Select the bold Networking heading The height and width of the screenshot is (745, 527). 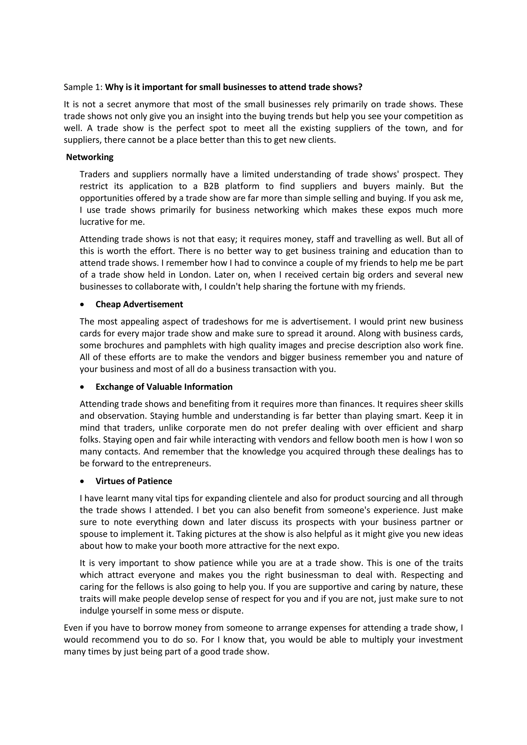[90, 157]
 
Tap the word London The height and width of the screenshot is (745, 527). [195, 275]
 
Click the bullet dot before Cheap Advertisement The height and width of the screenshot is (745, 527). [83, 305]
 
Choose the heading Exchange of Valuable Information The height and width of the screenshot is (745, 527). [164, 387]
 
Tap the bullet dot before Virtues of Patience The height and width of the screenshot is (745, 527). [83, 482]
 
